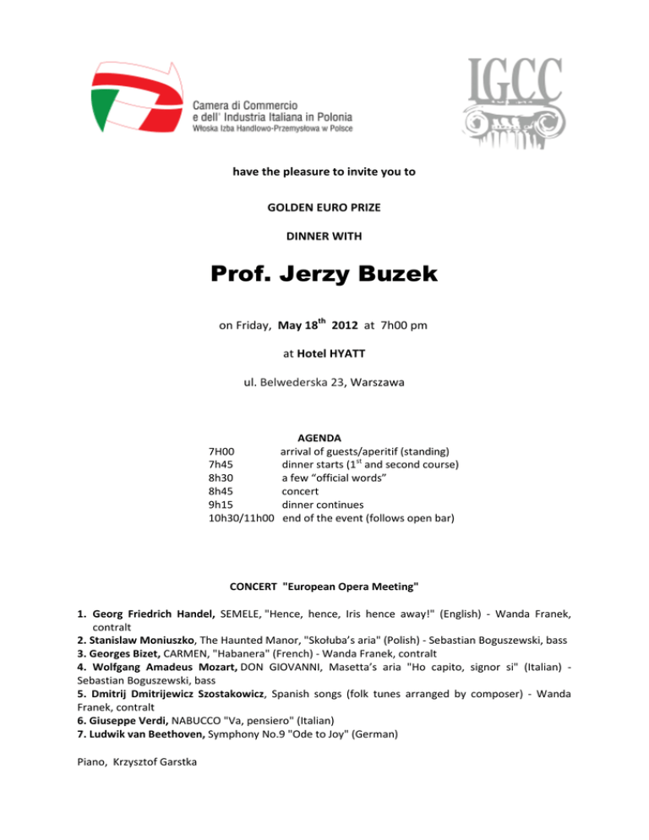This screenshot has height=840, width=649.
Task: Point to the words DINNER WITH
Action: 324,237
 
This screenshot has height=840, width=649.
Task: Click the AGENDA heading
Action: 319,439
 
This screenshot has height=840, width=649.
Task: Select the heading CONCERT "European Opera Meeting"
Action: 324,586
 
